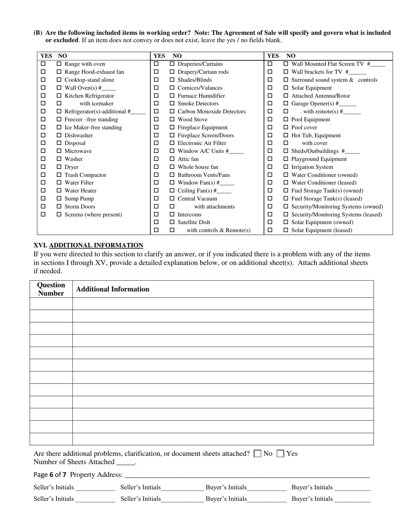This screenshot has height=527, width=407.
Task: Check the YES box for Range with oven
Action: [x=43, y=64]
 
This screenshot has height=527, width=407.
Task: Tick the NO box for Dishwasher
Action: [x=59, y=135]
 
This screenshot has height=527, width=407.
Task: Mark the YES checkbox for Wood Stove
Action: [x=156, y=120]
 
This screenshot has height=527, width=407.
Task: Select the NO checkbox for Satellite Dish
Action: [x=172, y=222]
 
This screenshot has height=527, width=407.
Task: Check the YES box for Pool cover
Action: [x=270, y=127]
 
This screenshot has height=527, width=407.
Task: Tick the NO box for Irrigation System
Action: [x=286, y=167]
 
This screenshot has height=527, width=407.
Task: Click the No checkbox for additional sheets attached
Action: [x=257, y=454]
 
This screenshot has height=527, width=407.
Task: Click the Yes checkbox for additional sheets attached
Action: [x=281, y=454]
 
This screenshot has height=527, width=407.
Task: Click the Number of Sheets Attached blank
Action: [x=126, y=462]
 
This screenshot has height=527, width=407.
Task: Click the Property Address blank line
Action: [x=247, y=475]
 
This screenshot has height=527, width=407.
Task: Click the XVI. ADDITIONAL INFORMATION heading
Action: [x=88, y=246]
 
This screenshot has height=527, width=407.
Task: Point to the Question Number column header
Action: [x=51, y=289]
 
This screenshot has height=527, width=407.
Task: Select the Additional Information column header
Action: [x=112, y=289]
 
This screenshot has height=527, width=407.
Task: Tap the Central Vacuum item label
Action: [x=197, y=199]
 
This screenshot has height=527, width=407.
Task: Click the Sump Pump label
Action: [x=79, y=199]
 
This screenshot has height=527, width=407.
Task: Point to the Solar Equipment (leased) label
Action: [x=322, y=231]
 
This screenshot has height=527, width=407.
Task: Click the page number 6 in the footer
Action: [x=51, y=475]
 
